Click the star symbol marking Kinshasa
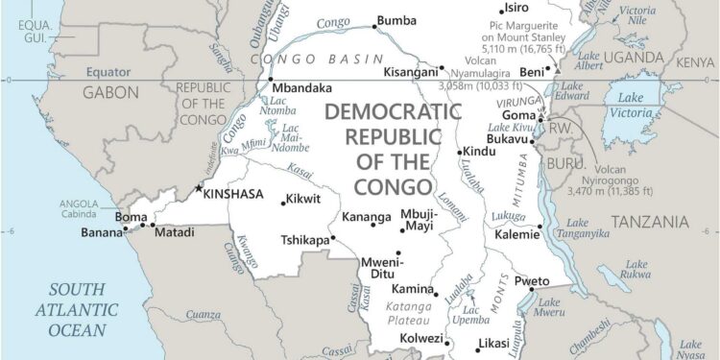[200, 189]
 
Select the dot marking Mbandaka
[271, 80]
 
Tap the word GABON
[110, 93]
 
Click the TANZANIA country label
[650, 222]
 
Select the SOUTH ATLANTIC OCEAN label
[77, 309]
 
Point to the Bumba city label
[396, 19]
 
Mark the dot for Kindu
[459, 152]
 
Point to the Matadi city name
[174, 232]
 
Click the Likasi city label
[495, 343]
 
